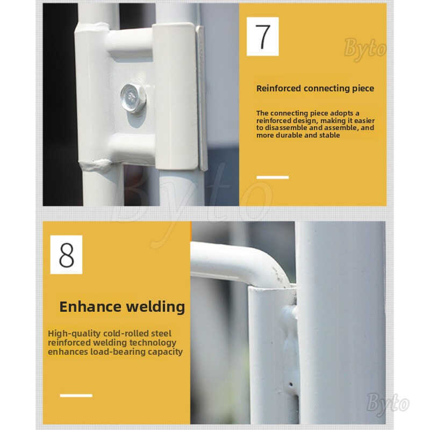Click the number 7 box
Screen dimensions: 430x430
coord(262,36)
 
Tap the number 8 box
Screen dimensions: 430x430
coord(66,254)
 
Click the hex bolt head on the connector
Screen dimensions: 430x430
coord(133,98)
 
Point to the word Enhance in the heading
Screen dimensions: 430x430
coord(90,306)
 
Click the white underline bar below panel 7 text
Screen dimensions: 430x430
coord(273,177)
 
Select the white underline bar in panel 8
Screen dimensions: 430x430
coord(76,396)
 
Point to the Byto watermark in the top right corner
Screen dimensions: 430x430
coord(365,49)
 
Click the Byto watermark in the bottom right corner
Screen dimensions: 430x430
coord(388,404)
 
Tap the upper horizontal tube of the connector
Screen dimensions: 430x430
coord(130,42)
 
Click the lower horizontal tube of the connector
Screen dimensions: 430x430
coord(132,148)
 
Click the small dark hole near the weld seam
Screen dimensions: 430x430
coord(291,384)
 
